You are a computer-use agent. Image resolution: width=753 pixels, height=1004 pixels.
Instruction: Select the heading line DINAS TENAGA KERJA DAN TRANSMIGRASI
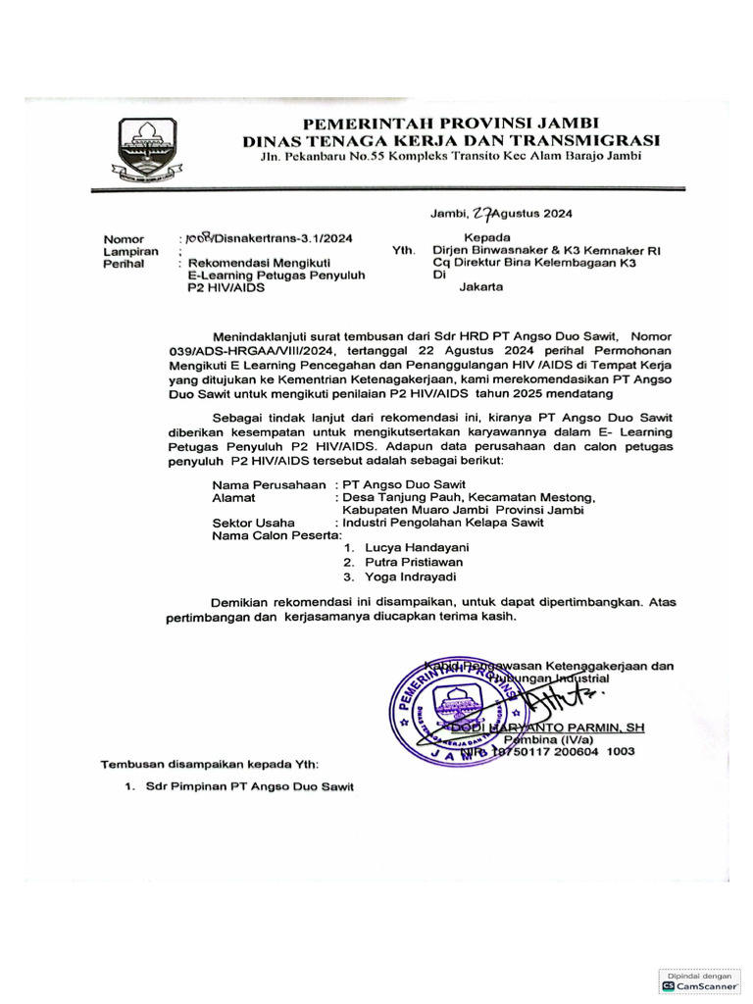coord(452,140)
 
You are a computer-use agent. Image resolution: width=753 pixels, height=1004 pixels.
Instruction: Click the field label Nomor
coord(125,239)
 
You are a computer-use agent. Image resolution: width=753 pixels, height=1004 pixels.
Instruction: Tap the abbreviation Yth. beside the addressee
coord(402,251)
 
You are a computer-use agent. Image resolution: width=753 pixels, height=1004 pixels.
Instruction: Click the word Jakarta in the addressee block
coord(481,288)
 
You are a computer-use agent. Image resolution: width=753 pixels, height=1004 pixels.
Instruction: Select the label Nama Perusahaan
coord(270,484)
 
